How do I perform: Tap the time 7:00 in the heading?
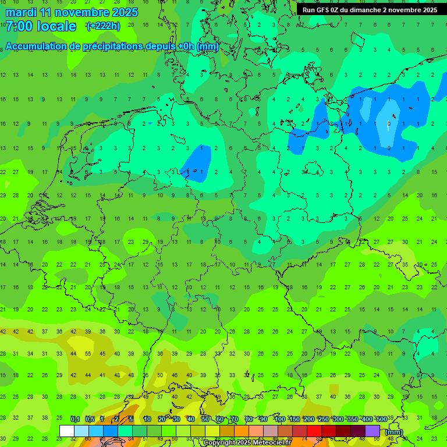click(x=18, y=26)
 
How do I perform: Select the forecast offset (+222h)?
click(x=103, y=26)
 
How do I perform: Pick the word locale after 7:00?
click(x=56, y=26)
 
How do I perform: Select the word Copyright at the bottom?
click(x=221, y=443)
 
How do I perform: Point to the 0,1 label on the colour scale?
click(x=75, y=420)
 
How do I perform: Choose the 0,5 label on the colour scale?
click(x=90, y=420)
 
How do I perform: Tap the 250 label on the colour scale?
click(x=323, y=420)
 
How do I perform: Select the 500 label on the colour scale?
click(x=381, y=420)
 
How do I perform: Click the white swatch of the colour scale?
click(x=66, y=431)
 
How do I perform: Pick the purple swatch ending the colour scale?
click(x=372, y=431)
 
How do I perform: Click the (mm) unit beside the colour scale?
click(x=394, y=431)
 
